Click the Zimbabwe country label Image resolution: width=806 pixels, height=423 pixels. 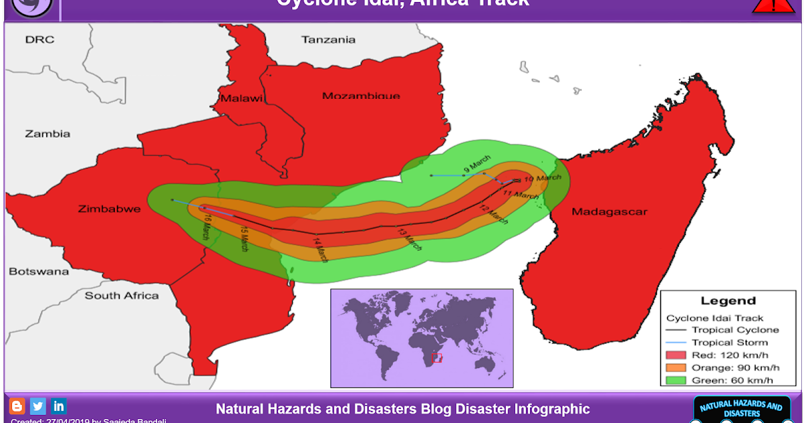pyautogui.click(x=109, y=209)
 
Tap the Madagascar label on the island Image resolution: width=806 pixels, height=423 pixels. pyautogui.click(x=609, y=212)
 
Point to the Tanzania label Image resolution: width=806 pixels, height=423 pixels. pyautogui.click(x=328, y=40)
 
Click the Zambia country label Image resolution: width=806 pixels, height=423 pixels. pyautogui.click(x=48, y=134)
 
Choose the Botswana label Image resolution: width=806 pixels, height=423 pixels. pyautogui.click(x=38, y=272)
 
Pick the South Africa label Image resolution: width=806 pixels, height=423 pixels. pyautogui.click(x=122, y=295)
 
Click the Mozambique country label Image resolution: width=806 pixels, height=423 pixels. pyautogui.click(x=361, y=96)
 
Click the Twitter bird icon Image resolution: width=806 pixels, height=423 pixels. pyautogui.click(x=38, y=406)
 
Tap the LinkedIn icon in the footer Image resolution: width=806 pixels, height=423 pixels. pyautogui.click(x=59, y=406)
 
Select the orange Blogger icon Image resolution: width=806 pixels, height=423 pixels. pyautogui.click(x=17, y=406)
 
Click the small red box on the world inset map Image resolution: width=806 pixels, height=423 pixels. pyautogui.click(x=437, y=357)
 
